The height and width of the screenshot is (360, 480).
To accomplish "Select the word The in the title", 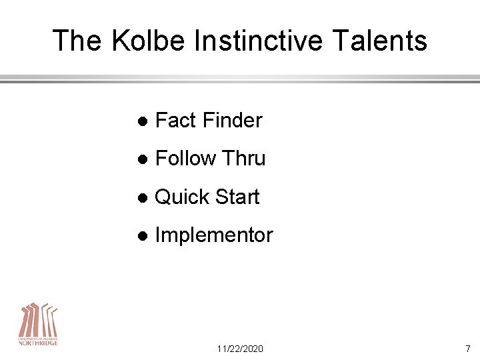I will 77,41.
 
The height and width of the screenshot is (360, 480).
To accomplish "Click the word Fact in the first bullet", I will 175,121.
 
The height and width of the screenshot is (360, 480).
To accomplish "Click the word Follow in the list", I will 186,159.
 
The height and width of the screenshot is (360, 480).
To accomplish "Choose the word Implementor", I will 213,235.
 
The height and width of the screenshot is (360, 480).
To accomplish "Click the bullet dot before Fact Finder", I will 141,121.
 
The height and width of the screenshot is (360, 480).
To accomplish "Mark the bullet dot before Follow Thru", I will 141,159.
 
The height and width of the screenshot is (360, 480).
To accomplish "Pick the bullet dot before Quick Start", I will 141,198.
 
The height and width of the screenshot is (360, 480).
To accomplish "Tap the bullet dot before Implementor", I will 141,236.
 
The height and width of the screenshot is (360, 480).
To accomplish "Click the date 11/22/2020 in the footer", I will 240,349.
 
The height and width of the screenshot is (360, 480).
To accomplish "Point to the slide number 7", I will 467,349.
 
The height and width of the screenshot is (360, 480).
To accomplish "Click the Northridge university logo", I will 38,323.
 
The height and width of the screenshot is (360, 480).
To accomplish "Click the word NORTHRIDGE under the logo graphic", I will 38,343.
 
